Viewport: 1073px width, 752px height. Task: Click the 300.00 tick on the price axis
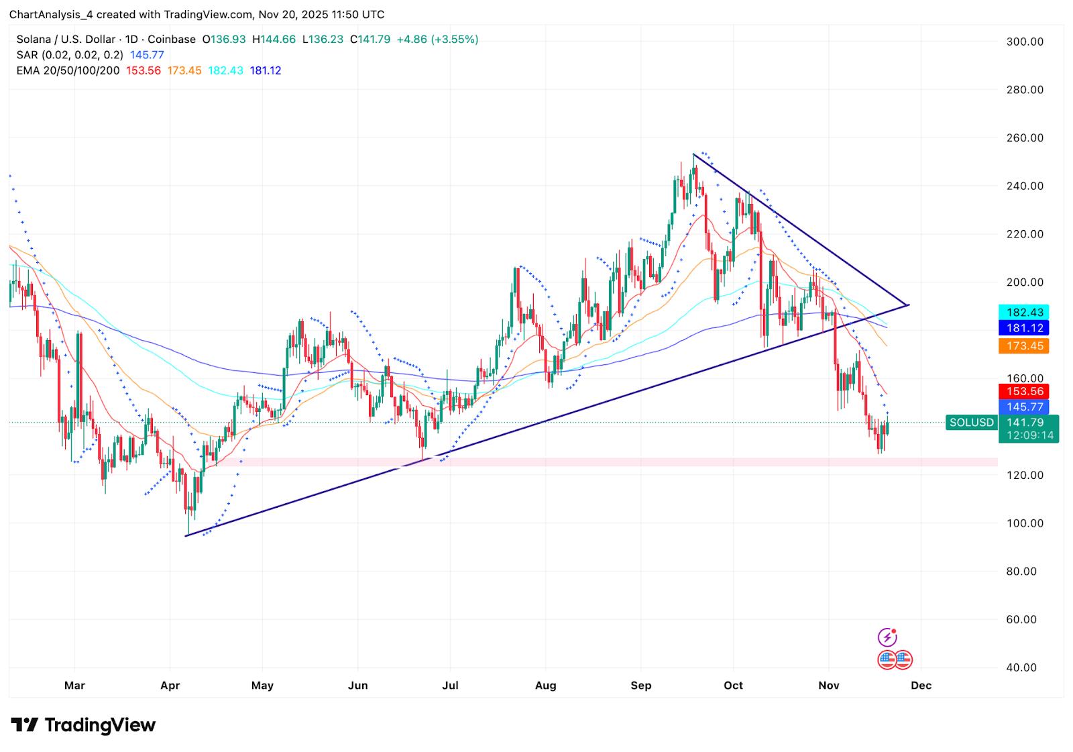[x=1024, y=42]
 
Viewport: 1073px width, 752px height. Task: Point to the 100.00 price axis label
[x=1024, y=523]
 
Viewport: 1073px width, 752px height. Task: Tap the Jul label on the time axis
[x=450, y=685]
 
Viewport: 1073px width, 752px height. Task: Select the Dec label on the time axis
[x=921, y=685]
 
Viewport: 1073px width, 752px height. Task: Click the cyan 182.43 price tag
[x=1024, y=313]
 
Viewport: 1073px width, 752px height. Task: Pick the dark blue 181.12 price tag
[x=1024, y=328]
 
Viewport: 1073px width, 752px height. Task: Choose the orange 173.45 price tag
[x=1024, y=346]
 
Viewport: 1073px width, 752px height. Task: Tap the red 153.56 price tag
[x=1024, y=391]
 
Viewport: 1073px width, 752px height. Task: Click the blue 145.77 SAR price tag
[x=1024, y=407]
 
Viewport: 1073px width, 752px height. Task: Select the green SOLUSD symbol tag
[x=971, y=423]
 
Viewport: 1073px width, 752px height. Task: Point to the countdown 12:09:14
[x=1029, y=435]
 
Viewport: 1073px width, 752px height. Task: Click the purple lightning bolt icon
[x=887, y=637]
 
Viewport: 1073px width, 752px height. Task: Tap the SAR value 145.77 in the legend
[x=147, y=55]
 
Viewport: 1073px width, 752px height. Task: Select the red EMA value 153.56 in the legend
[x=144, y=70]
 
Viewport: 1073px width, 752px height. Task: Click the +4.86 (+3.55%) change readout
[x=437, y=40]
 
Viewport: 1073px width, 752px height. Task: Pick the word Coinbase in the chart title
[x=172, y=40]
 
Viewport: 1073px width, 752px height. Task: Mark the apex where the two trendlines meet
[x=908, y=305]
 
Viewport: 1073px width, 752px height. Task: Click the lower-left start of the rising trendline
[x=186, y=535]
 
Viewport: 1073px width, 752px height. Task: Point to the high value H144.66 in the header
[x=274, y=40]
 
